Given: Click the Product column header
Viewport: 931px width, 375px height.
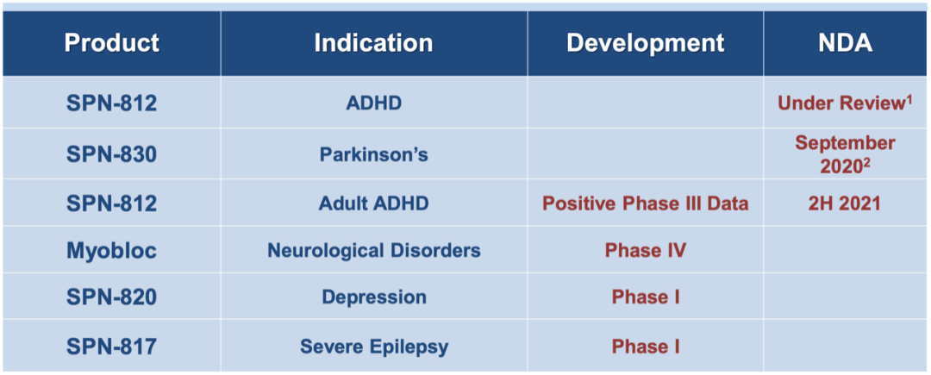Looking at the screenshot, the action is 111,43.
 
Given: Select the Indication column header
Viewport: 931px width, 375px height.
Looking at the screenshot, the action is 373,43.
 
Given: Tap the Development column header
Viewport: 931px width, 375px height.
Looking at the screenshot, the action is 646,43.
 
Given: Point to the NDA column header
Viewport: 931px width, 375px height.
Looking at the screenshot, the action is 847,43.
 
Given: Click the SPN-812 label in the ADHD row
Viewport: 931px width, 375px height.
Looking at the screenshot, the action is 111,103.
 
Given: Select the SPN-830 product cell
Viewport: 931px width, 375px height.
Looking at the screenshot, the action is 111,154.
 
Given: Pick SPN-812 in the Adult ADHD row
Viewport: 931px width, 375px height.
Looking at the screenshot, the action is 111,203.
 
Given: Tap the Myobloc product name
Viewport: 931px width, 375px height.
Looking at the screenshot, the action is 111,250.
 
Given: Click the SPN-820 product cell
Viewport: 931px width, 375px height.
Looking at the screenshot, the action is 111,297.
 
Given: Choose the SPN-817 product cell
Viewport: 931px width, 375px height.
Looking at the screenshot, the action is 111,346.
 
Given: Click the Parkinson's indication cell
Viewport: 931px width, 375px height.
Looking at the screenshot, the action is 374,154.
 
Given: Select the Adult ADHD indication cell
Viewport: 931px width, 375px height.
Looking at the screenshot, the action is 373,203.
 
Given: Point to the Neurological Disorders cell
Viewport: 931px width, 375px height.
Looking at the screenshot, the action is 374,250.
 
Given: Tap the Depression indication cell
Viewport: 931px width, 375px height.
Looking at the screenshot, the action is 374,297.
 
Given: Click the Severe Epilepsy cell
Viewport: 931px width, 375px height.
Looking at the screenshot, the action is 374,347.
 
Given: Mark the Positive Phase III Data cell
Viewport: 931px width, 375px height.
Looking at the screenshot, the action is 646,203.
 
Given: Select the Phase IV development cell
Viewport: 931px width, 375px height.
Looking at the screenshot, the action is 646,250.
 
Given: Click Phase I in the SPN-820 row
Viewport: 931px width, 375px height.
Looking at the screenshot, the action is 646,297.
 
